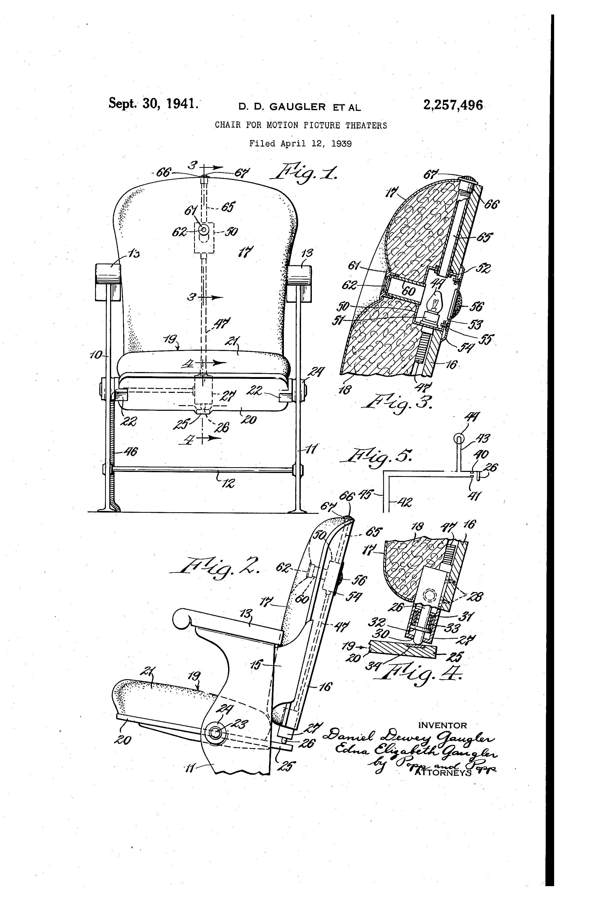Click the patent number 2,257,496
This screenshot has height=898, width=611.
453,105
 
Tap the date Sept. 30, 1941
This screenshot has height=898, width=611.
153,104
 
